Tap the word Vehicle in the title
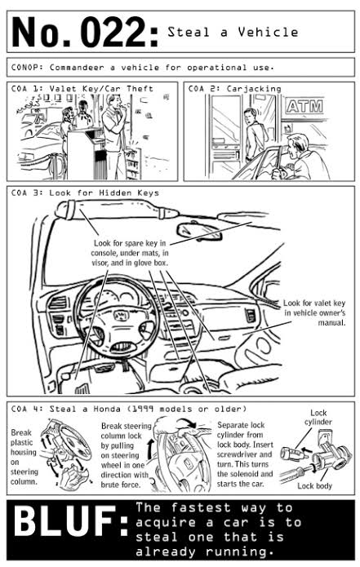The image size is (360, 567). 268,32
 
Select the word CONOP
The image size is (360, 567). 27,67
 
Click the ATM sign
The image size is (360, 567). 304,106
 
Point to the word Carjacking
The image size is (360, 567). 254,89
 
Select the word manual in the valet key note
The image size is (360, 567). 331,322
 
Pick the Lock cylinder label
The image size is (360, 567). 318,417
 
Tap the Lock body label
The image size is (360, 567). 314,485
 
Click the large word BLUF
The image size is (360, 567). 64,520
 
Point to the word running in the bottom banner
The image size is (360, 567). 237,551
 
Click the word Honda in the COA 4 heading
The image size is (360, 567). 107,409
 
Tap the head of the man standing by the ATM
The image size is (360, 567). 250,117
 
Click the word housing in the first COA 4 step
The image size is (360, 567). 24,452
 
